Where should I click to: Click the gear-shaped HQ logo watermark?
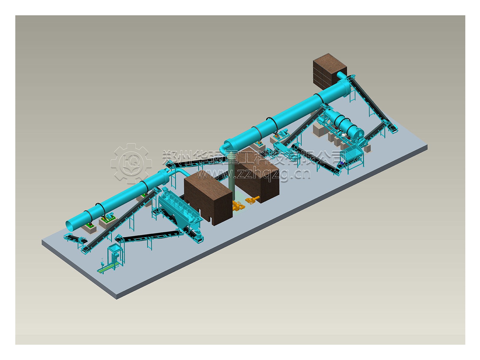131,163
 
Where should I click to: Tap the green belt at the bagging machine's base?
104,270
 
